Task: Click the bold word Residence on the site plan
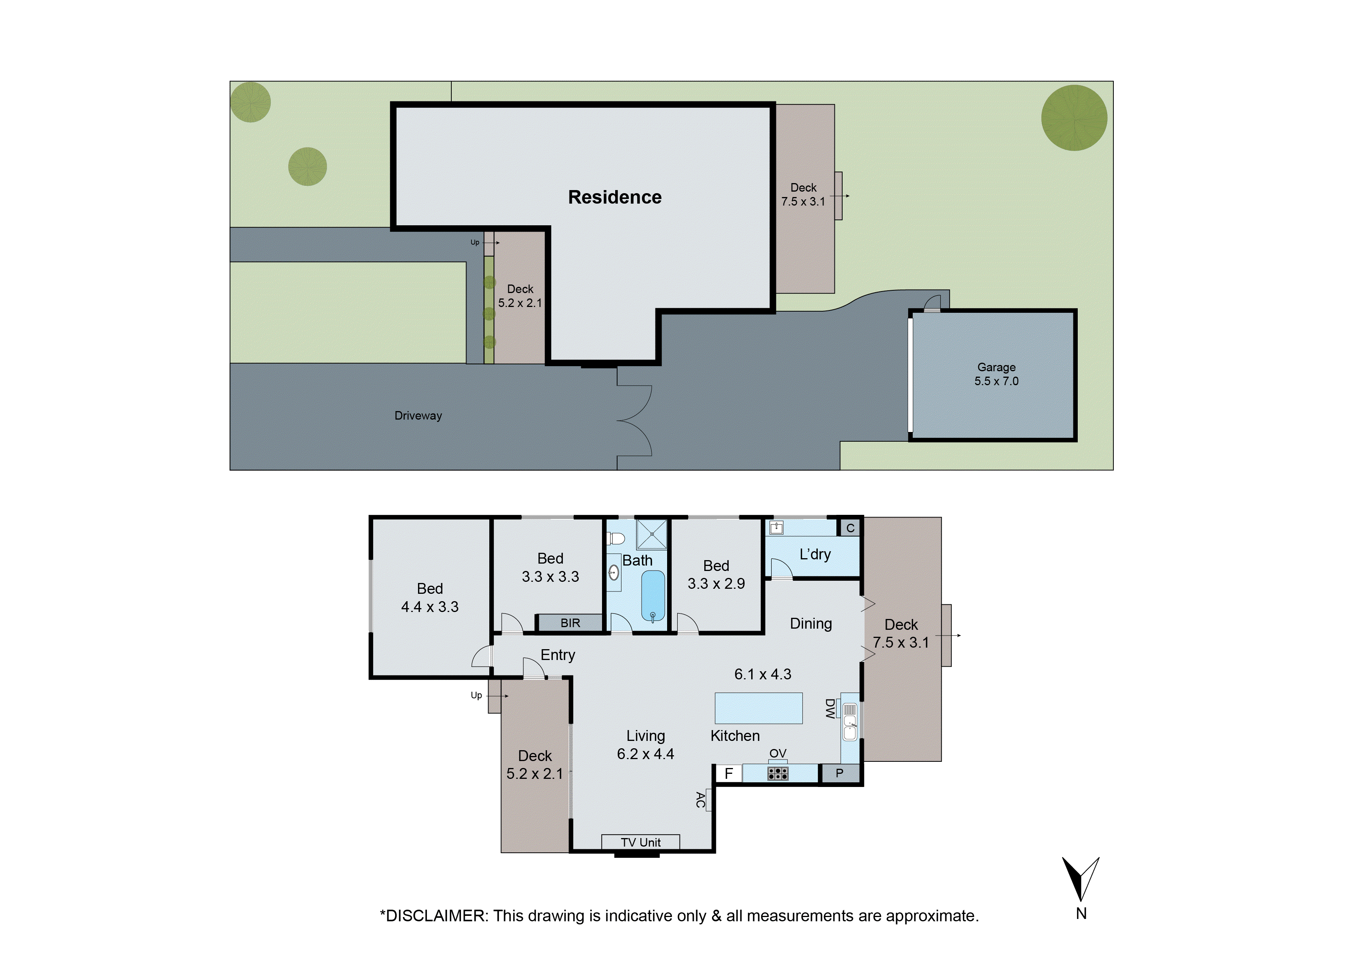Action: tap(614, 197)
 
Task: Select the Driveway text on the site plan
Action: tap(418, 415)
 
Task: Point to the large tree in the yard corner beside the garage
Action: tap(1074, 118)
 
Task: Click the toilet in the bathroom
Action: tap(616, 538)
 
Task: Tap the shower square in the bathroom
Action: tap(651, 534)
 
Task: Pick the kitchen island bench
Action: tap(758, 708)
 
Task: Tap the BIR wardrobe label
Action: tap(570, 623)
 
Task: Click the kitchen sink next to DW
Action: tap(849, 722)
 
